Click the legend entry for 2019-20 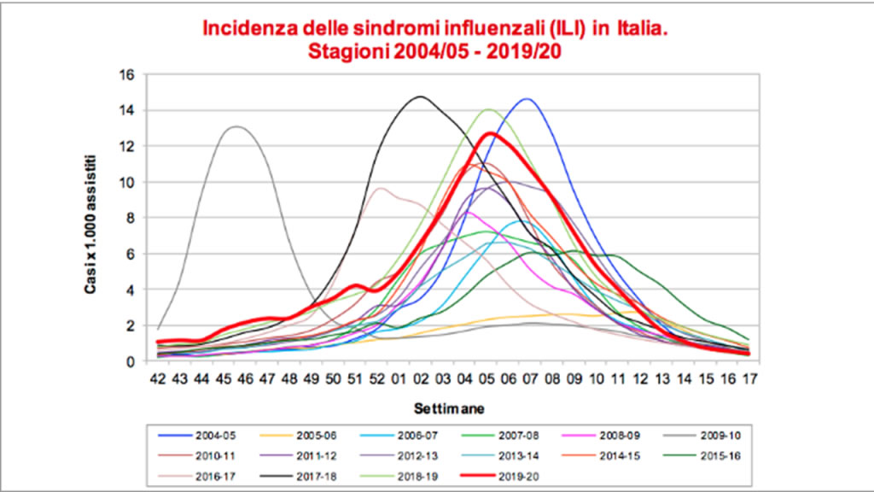[500, 477]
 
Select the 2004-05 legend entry [197, 436]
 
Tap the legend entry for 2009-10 [702, 436]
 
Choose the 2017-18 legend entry [298, 477]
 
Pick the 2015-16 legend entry [702, 456]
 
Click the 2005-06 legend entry [298, 436]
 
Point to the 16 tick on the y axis [128, 75]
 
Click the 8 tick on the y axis [131, 218]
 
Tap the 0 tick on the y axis [131, 362]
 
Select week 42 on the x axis [158, 379]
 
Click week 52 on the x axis [376, 379]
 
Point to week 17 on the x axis [749, 379]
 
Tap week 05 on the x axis [487, 379]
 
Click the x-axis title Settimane [449, 409]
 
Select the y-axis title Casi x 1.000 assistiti [90, 225]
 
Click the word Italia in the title [642, 28]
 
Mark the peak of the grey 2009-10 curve [237, 126]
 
